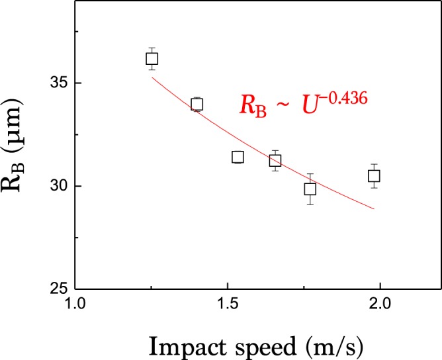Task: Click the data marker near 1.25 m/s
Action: (x=152, y=58)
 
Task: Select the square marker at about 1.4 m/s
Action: (x=197, y=104)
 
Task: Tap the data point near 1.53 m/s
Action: (x=238, y=157)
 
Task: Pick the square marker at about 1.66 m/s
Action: (x=275, y=160)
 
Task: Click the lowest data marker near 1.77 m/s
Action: (x=310, y=189)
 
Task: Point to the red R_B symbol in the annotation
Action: (x=253, y=107)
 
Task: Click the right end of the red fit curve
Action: (x=375, y=209)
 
